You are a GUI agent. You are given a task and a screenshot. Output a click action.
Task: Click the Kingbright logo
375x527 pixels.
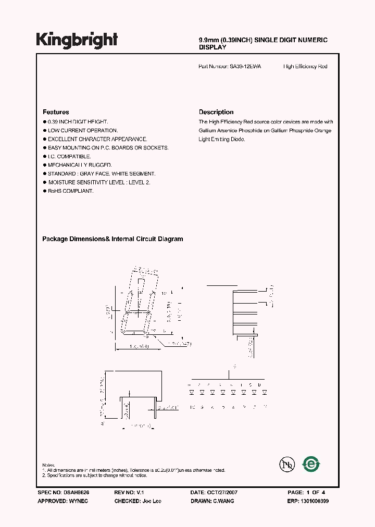pos(77,40)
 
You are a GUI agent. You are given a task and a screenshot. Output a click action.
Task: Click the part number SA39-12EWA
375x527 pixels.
pos(245,67)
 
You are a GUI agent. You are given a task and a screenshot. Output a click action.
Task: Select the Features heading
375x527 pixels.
pos(56,112)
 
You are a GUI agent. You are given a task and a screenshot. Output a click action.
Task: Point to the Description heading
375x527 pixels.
pos(216,112)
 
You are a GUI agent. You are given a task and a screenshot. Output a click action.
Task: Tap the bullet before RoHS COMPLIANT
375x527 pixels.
pos(44,191)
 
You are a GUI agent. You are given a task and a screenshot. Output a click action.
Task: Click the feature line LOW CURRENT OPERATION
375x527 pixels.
pos(83,131)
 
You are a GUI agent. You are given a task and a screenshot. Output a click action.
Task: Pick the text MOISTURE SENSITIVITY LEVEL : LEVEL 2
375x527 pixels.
pos(99,182)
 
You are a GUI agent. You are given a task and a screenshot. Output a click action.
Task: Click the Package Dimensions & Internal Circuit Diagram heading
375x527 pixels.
pos(113,239)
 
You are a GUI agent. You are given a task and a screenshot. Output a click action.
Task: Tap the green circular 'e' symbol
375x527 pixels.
pos(311,463)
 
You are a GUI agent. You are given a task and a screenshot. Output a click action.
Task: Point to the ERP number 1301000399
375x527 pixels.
pos(314,501)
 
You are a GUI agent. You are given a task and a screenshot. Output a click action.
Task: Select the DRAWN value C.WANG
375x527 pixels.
pos(223,501)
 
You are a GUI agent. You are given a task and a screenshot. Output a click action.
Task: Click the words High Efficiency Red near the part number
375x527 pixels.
pos(305,67)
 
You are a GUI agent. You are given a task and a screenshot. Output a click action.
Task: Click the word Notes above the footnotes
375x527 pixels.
pos(48,465)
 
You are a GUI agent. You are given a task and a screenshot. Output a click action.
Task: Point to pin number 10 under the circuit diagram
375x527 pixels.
pos(192,407)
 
